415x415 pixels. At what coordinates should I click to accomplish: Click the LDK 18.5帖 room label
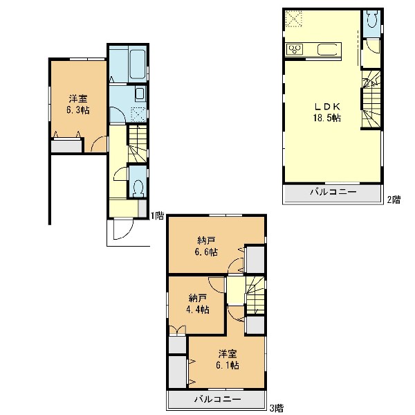click(327, 112)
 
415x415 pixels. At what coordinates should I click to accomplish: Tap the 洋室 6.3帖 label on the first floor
click(77, 105)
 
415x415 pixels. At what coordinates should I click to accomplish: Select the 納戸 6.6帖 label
click(206, 247)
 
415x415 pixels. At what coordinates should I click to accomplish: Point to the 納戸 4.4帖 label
click(197, 304)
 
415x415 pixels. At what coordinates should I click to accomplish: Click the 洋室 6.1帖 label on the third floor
click(228, 360)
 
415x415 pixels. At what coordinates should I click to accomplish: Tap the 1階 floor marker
click(157, 215)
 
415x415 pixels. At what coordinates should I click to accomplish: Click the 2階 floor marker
click(394, 199)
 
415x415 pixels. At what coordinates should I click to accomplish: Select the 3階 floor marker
click(276, 407)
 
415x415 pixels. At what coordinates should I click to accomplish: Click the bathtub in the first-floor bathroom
click(138, 64)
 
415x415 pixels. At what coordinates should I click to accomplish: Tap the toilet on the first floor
click(138, 188)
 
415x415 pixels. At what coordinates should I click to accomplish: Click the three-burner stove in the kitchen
click(295, 49)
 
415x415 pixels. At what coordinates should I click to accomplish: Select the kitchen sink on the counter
click(326, 50)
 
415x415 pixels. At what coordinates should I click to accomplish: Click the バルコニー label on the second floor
click(333, 191)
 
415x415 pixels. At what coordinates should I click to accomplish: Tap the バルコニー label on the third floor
click(218, 398)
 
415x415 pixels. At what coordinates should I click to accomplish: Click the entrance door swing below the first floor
click(123, 229)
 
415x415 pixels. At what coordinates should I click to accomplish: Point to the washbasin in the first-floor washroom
click(140, 93)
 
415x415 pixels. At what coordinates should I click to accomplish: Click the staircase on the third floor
click(255, 295)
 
